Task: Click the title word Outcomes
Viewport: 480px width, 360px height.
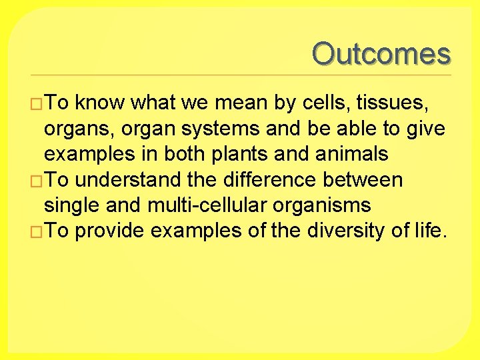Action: coord(381,54)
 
